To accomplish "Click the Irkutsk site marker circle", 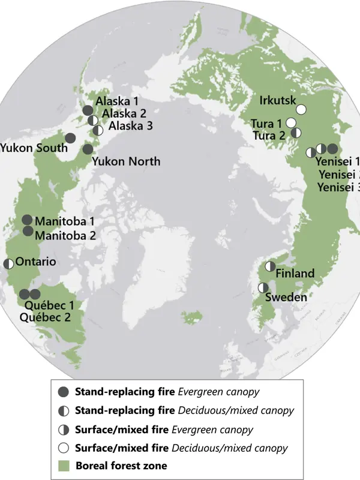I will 301,109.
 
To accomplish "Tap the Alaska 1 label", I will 117,101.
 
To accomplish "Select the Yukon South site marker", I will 70,137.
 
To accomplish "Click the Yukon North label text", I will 126,161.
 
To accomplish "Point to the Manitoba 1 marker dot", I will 27,220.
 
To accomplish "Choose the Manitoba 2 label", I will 65,235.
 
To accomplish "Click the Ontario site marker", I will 8,263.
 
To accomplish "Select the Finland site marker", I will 271,266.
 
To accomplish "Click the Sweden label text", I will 286,297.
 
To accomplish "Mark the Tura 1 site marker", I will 291,122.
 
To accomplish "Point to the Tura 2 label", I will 268,136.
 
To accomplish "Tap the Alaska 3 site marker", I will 98,128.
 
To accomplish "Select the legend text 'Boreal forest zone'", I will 121,465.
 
